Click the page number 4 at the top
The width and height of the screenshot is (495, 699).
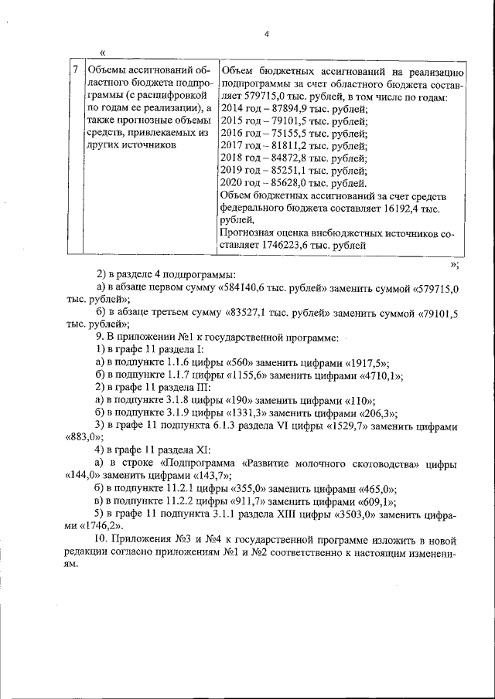(265, 33)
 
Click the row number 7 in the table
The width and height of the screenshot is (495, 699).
(74, 70)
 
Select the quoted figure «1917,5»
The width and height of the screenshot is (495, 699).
(365, 361)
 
